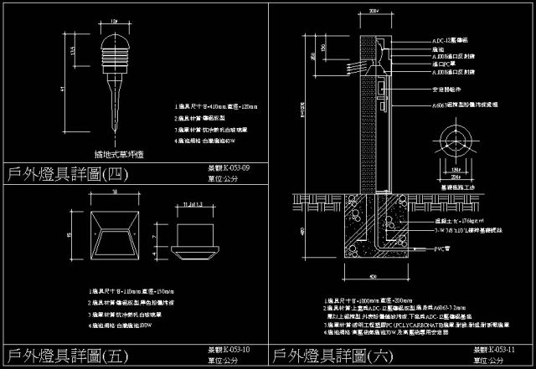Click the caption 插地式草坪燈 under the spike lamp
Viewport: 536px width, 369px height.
click(114, 154)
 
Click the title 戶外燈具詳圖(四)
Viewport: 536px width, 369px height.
click(63, 174)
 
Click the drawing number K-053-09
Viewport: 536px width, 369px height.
click(228, 168)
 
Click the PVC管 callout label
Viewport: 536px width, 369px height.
click(441, 249)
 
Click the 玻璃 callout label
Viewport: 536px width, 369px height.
click(436, 49)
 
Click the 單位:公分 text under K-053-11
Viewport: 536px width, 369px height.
click(490, 360)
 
